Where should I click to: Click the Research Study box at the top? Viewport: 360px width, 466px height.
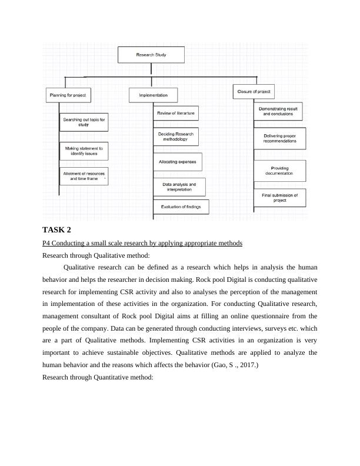click(151, 55)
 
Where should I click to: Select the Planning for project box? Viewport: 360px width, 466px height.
click(68, 95)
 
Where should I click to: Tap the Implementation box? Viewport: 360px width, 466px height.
click(153, 95)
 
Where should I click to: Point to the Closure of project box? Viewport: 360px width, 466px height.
click(254, 92)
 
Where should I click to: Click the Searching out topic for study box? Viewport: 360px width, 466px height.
click(84, 122)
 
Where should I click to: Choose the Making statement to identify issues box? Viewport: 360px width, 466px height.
click(84, 151)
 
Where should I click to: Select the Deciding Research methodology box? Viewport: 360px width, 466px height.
click(176, 137)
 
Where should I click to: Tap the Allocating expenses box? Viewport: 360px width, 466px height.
click(177, 161)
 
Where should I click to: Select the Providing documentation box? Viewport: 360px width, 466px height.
click(279, 171)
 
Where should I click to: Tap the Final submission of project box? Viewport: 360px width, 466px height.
click(279, 198)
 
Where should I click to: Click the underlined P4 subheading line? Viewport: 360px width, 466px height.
click(142, 243)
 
